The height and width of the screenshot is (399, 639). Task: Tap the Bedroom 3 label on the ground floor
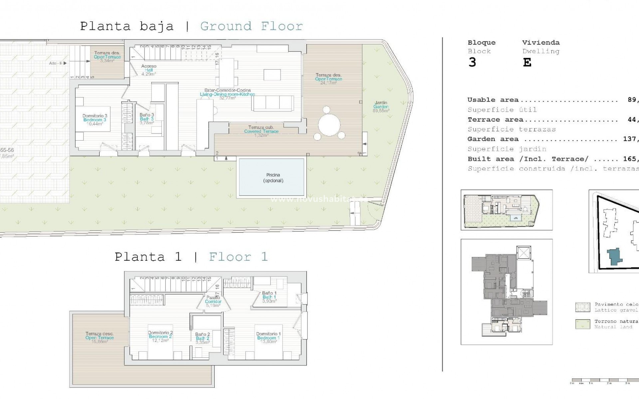click(95, 120)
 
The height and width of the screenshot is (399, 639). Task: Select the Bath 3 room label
click(146, 119)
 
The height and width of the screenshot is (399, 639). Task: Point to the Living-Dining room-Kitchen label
click(227, 94)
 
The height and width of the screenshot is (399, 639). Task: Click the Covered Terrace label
click(261, 131)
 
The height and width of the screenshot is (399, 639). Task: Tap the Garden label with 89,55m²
click(381, 107)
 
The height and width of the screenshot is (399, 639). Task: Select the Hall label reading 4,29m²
click(148, 70)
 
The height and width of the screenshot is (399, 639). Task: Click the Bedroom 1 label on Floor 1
click(268, 338)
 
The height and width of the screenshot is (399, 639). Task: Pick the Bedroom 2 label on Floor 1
click(160, 336)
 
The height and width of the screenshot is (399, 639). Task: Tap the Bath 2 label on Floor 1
click(202, 338)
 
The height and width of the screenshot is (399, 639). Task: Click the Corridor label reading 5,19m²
click(213, 302)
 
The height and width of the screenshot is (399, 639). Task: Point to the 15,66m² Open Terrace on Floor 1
click(100, 337)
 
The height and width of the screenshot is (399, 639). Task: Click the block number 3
click(472, 63)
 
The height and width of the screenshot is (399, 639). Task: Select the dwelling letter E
click(527, 63)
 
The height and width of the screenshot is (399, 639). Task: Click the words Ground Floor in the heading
click(251, 26)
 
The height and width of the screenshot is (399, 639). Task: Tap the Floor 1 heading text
click(238, 257)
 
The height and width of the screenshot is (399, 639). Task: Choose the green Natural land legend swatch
click(582, 324)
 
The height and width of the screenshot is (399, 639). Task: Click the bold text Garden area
click(493, 139)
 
